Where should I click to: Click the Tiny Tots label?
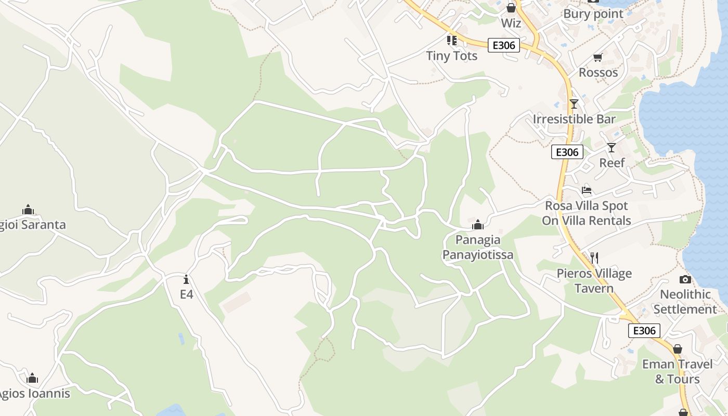[451, 56]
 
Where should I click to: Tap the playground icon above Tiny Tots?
[451, 40]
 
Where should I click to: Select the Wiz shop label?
[511, 23]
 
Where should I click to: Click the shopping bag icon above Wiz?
[511, 8]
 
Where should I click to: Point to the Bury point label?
[593, 14]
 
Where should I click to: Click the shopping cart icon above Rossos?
[597, 57]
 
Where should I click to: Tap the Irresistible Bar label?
[574, 119]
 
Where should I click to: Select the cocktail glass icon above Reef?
[612, 148]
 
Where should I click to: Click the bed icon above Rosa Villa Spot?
[587, 190]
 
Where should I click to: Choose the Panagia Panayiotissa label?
[477, 247]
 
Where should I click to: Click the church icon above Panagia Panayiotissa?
[477, 225]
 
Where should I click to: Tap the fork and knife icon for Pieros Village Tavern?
[594, 257]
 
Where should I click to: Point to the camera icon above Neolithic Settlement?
[685, 279]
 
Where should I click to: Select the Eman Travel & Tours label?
[677, 371]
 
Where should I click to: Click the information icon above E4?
[186, 279]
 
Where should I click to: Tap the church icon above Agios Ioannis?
[32, 378]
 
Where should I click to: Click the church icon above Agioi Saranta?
[28, 210]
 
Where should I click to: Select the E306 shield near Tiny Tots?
[503, 45]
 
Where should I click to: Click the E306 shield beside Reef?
[567, 152]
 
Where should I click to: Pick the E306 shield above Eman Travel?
[644, 330]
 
